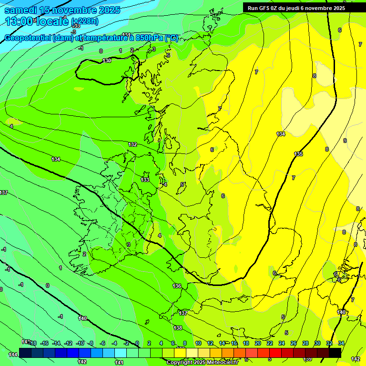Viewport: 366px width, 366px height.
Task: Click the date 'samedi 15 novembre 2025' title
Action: (62, 10)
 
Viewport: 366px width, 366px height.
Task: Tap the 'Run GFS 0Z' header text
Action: (296, 8)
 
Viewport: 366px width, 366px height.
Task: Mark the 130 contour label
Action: (107, 61)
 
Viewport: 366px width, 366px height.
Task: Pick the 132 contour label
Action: (132, 144)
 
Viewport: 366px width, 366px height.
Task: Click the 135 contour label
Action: (298, 154)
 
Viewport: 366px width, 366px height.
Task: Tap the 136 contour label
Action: (177, 286)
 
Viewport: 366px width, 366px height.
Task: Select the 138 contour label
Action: (178, 328)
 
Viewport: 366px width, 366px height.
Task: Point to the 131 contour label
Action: (126, 35)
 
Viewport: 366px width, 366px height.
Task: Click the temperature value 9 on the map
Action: (345, 141)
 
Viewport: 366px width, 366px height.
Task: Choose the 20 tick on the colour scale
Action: (257, 343)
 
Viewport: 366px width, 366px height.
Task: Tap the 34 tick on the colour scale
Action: (341, 343)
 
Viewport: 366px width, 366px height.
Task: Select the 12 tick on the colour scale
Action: (210, 343)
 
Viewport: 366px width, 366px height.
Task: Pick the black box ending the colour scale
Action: (335, 353)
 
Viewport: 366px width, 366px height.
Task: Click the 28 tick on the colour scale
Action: (305, 343)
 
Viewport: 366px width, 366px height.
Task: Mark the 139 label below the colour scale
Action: (308, 358)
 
